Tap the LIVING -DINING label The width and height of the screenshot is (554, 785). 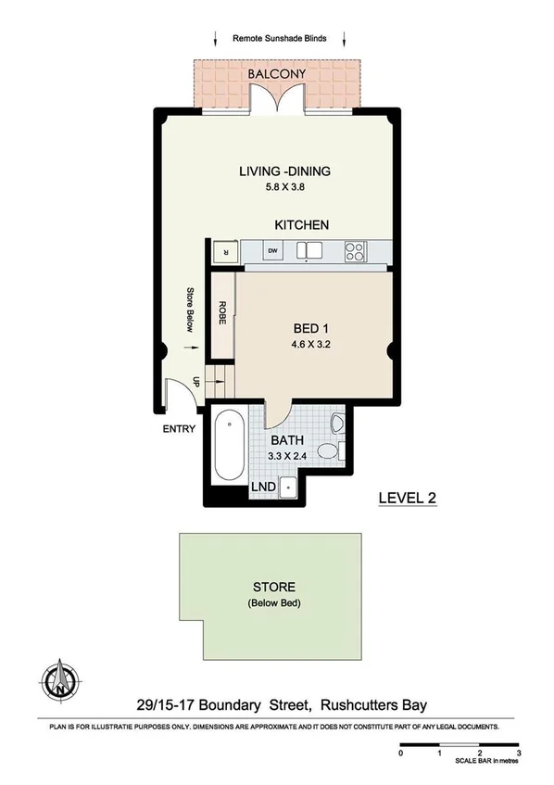point(284,171)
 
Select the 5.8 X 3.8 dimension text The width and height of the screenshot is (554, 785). point(284,187)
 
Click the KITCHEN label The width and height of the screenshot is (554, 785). point(301,225)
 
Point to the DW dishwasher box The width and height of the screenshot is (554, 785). point(272,250)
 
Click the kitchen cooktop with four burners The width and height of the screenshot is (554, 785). point(354,250)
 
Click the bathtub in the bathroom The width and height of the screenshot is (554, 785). point(229,449)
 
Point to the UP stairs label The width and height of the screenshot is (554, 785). point(196,381)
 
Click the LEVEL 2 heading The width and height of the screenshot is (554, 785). point(407,498)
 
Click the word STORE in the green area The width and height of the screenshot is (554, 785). point(273,587)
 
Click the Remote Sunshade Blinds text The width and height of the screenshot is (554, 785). point(279,39)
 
